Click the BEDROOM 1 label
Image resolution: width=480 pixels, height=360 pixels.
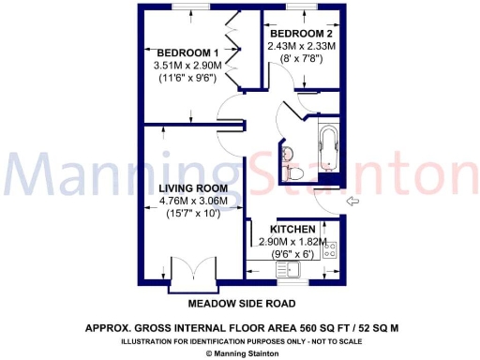point(187,52)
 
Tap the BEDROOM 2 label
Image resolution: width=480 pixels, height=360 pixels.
point(301,31)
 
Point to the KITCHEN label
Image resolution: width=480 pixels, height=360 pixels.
point(294,230)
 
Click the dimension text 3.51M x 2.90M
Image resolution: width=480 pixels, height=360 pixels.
point(187,66)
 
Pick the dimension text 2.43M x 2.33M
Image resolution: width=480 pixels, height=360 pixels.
point(301,45)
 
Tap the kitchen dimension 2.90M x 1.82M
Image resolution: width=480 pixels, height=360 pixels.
point(294,242)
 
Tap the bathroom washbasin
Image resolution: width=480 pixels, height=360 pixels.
point(286,152)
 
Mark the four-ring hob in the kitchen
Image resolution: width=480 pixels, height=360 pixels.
point(330,249)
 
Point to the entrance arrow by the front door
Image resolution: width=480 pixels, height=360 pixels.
point(353,201)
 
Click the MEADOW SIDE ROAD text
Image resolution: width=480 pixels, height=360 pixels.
point(242,304)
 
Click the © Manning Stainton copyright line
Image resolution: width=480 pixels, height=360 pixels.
point(241,353)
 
